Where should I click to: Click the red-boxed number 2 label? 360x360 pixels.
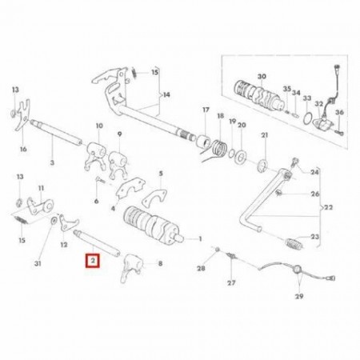pos(92,261)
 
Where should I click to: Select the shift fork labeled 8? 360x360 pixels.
pos(131,267)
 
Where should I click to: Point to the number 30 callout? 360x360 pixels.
pos(262,77)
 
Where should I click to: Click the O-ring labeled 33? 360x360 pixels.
pos(308,118)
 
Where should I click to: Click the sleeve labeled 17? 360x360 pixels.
pos(203,141)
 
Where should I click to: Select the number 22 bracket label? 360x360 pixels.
pos(328,207)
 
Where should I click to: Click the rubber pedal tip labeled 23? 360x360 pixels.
pos(294,244)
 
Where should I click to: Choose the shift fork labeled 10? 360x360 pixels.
pos(95,155)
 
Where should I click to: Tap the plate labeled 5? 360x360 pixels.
pos(154,198)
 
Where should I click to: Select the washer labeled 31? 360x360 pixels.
pos(54,221)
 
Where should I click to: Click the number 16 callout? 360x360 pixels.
pos(23,149)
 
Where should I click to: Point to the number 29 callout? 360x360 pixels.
pos(299,296)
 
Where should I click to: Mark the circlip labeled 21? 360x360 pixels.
pos(262,166)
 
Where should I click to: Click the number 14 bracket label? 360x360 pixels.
pos(166,94)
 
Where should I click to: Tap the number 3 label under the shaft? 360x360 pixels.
pos(52,162)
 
